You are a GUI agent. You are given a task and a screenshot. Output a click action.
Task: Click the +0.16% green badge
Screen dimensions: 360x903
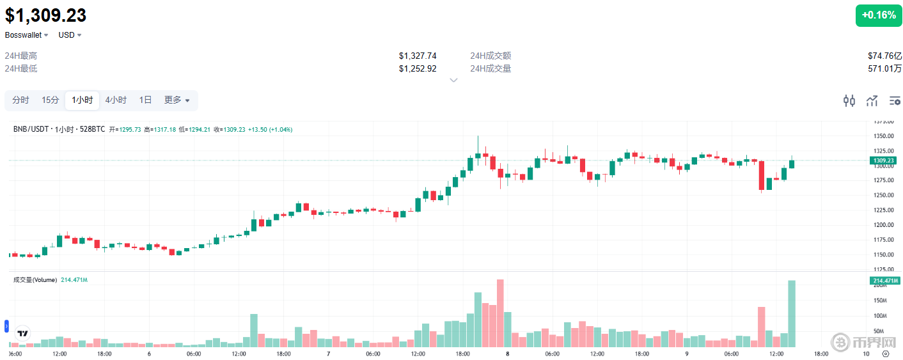pyautogui.click(x=878, y=15)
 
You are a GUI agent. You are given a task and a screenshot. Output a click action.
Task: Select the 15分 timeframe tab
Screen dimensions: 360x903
pyautogui.click(x=51, y=100)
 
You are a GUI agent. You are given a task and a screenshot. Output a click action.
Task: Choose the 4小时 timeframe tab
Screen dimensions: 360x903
pyautogui.click(x=116, y=100)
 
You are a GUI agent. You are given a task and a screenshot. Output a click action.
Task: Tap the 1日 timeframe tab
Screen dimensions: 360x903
pyautogui.click(x=146, y=100)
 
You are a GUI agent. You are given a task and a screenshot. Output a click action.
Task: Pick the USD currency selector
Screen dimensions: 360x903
pyautogui.click(x=70, y=35)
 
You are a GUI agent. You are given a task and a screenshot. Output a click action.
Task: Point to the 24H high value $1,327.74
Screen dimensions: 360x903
pyautogui.click(x=417, y=56)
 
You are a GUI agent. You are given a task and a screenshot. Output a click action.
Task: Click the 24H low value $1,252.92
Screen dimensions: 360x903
pyautogui.click(x=417, y=68)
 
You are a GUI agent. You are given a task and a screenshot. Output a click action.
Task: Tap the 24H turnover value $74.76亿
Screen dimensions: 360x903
pyautogui.click(x=884, y=56)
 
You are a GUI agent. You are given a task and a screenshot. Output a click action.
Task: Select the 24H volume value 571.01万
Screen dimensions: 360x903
pyautogui.click(x=884, y=68)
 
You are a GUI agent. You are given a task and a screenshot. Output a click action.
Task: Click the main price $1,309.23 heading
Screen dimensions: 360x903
pyautogui.click(x=46, y=15)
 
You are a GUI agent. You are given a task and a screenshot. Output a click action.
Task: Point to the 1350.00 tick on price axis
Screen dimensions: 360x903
pyautogui.click(x=885, y=136)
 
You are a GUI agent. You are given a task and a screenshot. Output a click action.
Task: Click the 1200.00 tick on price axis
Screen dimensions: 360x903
pyautogui.click(x=885, y=225)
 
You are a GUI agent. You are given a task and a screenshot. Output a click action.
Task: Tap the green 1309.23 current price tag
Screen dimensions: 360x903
pyautogui.click(x=884, y=160)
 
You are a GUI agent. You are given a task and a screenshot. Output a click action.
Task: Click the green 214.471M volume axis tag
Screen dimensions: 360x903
pyautogui.click(x=884, y=281)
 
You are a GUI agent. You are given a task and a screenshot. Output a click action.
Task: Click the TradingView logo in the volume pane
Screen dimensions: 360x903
pyautogui.click(x=23, y=333)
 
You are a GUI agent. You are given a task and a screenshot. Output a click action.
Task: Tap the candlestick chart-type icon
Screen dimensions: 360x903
pyautogui.click(x=849, y=100)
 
